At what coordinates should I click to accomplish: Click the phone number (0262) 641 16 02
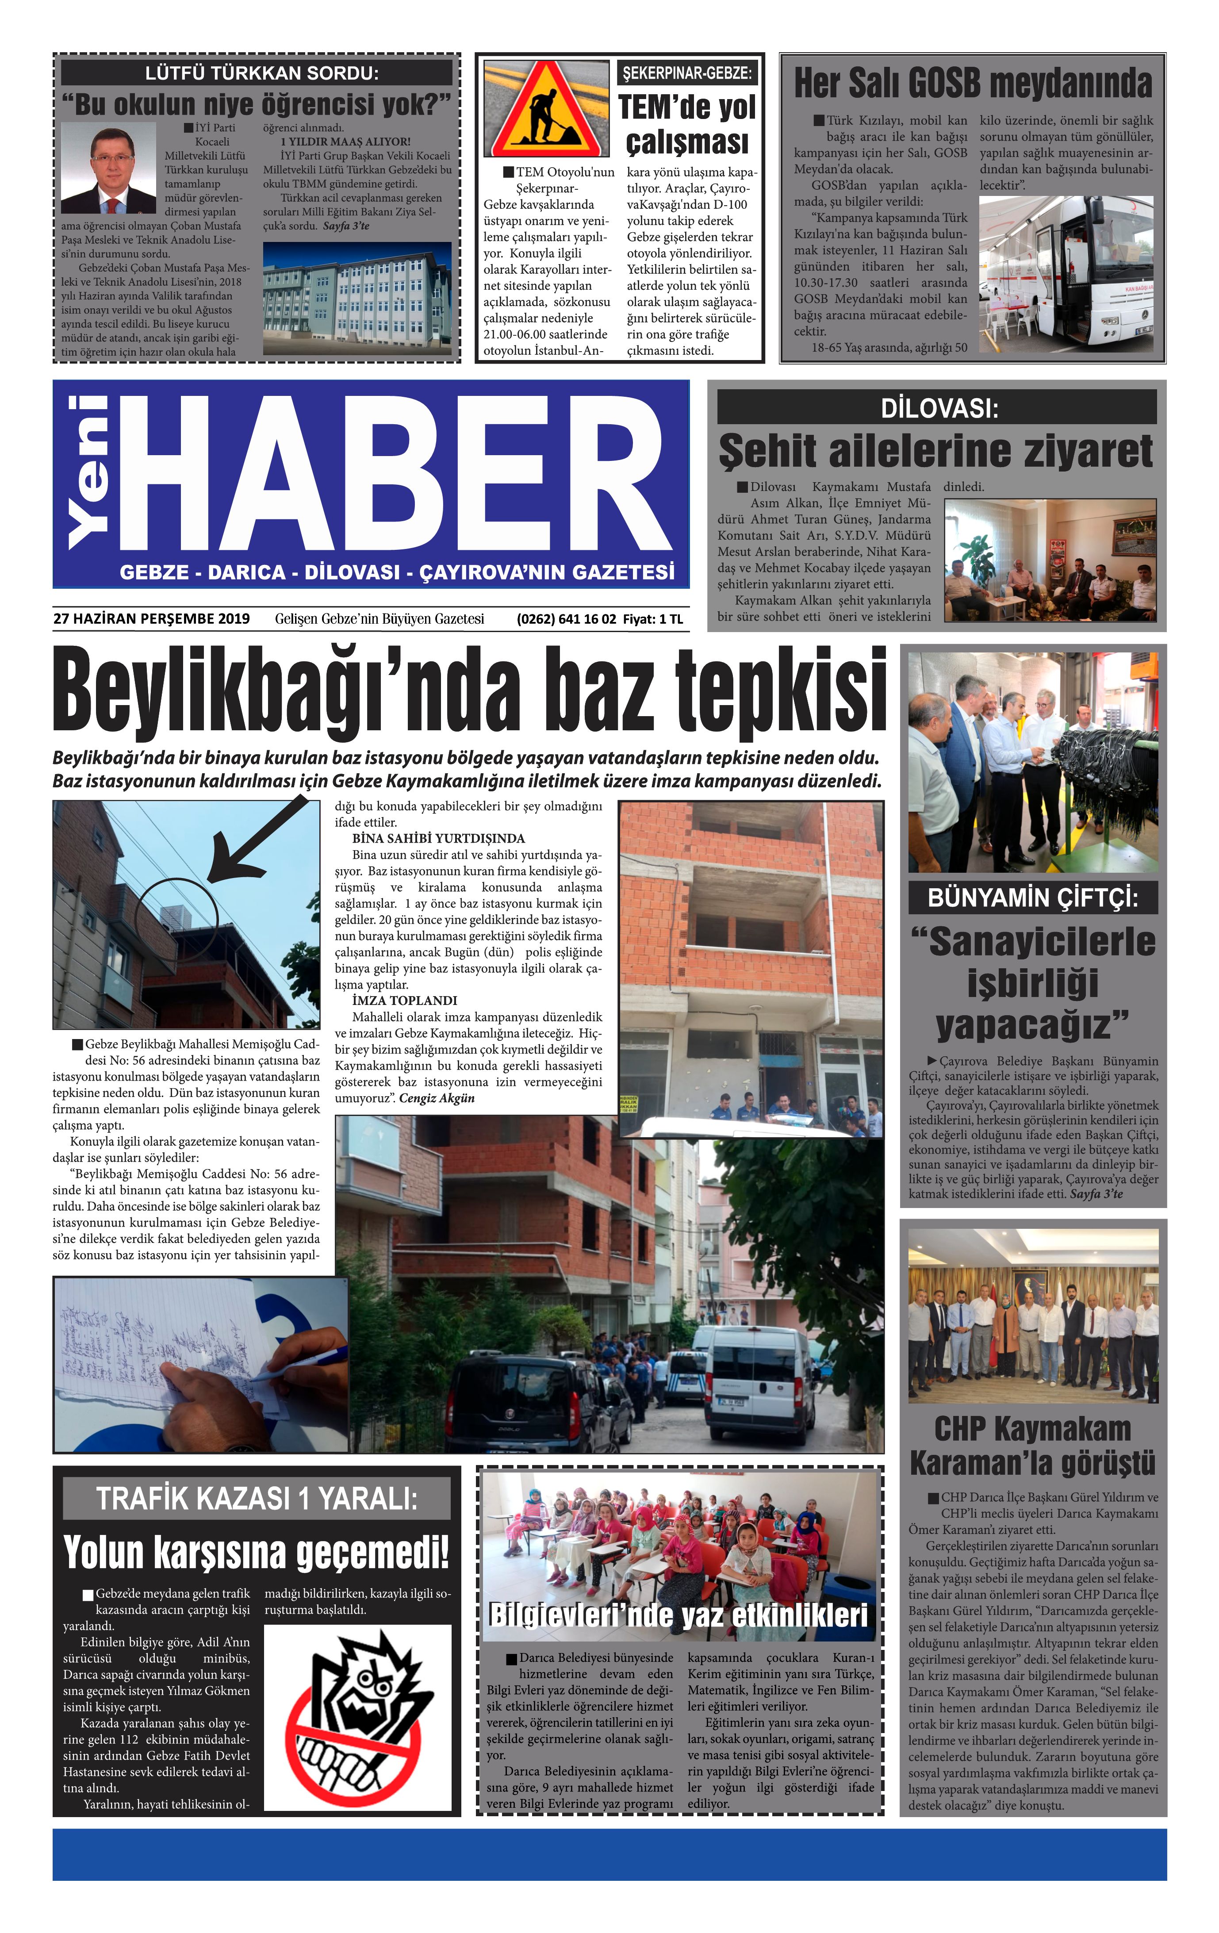[x=566, y=619]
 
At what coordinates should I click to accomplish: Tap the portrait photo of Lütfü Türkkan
[x=108, y=167]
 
